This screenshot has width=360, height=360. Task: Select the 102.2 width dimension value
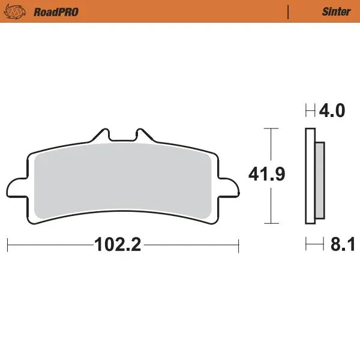click(117, 245)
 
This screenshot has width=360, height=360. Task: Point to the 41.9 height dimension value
click(266, 175)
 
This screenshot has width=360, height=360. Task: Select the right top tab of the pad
click(142, 135)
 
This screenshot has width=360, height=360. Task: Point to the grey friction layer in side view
click(320, 179)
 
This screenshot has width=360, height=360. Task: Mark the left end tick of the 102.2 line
click(7, 245)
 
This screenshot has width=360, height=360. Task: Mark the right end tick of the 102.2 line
click(239, 245)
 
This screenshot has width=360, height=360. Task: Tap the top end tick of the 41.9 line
click(272, 128)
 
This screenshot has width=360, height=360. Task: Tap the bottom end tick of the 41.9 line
click(272, 224)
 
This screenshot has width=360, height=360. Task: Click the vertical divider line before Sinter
click(289, 11)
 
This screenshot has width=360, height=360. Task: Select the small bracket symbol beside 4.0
click(310, 111)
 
